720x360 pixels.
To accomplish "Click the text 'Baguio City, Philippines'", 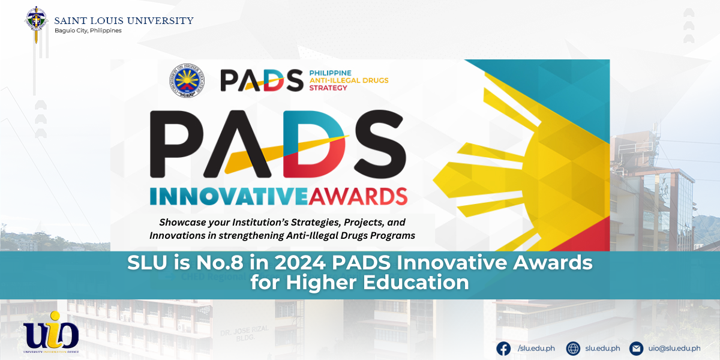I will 88,31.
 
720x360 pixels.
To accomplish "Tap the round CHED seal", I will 187,80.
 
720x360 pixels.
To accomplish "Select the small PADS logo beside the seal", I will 261,80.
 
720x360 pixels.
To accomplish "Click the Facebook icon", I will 503,348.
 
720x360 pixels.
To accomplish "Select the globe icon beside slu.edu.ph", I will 573,348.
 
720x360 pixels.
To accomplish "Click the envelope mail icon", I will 636,348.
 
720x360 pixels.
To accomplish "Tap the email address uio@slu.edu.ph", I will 674,348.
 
